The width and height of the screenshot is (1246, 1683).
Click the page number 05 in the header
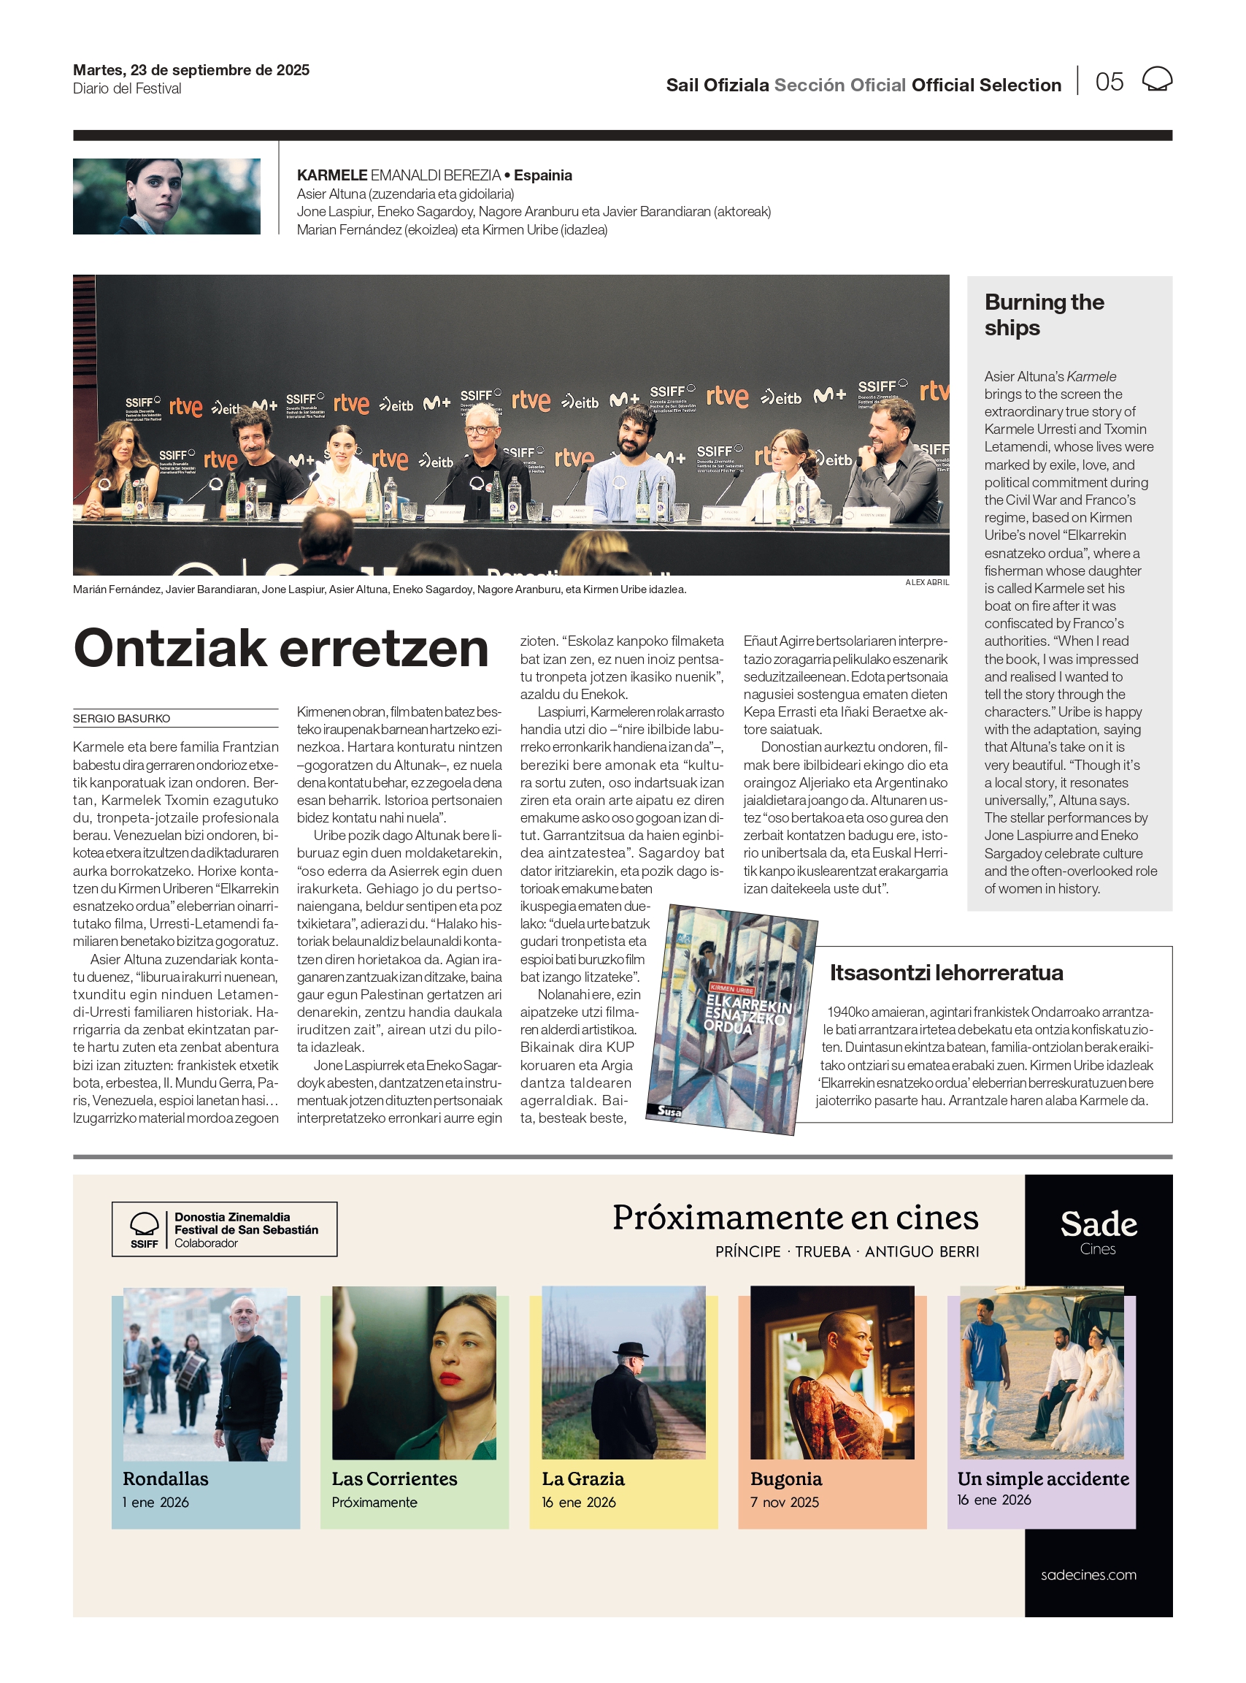(x=1109, y=82)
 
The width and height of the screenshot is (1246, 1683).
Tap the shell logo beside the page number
(x=1156, y=79)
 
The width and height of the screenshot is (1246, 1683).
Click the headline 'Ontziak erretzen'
(x=280, y=649)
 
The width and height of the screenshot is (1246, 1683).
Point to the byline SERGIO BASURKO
(x=121, y=719)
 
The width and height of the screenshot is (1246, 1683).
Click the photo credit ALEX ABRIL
(x=926, y=583)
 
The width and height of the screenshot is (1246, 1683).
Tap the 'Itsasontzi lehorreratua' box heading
(x=946, y=973)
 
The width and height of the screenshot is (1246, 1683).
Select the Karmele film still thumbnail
(x=166, y=196)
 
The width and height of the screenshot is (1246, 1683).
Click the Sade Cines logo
(x=1098, y=1231)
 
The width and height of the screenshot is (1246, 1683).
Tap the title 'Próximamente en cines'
(x=795, y=1218)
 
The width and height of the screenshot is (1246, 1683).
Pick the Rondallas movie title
(x=165, y=1478)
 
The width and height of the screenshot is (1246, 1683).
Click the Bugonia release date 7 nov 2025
(x=784, y=1502)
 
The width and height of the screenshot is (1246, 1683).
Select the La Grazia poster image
(x=623, y=1372)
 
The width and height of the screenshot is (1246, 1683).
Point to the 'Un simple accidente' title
(x=1042, y=1478)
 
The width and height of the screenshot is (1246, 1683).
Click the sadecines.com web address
(x=1088, y=1574)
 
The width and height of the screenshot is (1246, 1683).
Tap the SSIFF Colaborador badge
(x=224, y=1229)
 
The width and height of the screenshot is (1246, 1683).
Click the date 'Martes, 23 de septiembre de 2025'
(x=191, y=70)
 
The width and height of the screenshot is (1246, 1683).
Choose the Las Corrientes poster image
(x=414, y=1372)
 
